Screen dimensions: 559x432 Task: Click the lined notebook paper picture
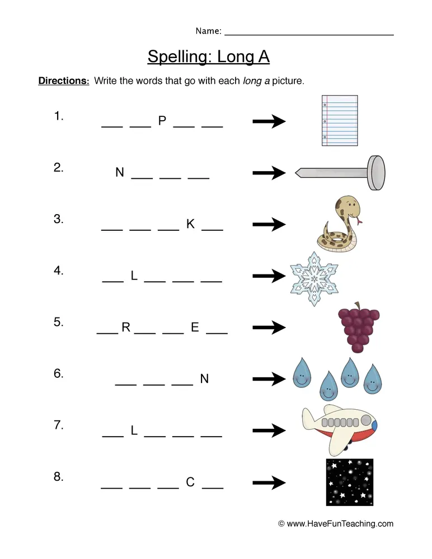pos(340,120)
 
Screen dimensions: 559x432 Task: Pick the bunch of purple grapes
pos(358,329)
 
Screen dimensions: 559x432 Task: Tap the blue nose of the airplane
pos(374,426)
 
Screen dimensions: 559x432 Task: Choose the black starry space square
pos(350,482)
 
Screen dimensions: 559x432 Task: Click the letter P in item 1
pos(162,121)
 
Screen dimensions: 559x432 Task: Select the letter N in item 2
pos(120,173)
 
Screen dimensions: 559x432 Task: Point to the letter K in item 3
pos(190,224)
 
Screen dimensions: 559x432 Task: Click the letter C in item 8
pos(190,482)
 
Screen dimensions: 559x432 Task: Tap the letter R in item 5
pos(126,328)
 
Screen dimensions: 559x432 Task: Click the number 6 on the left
pos(58,374)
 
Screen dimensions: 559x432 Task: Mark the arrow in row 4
pos(269,276)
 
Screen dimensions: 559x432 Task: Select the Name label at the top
pos(208,31)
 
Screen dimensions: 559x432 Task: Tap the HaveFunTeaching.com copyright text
pos(336,524)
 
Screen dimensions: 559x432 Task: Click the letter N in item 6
pos(204,379)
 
